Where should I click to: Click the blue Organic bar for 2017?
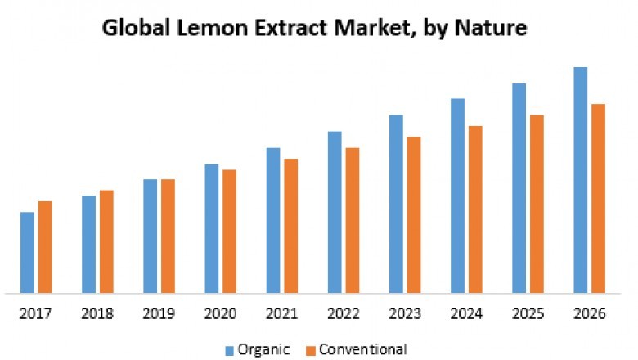27,252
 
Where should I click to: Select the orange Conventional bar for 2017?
45,246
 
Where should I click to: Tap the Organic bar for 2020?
212,228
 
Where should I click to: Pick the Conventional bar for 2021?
290,225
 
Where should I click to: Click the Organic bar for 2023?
396,204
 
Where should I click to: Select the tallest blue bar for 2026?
580,179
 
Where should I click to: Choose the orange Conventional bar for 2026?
598,198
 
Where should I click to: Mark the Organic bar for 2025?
519,187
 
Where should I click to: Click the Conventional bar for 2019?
168,236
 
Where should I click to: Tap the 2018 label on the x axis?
97,314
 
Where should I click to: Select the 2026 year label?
589,314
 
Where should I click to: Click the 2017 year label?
36,314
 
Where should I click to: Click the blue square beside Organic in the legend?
230,350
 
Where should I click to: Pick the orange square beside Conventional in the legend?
311,350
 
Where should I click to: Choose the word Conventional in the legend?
362,349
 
